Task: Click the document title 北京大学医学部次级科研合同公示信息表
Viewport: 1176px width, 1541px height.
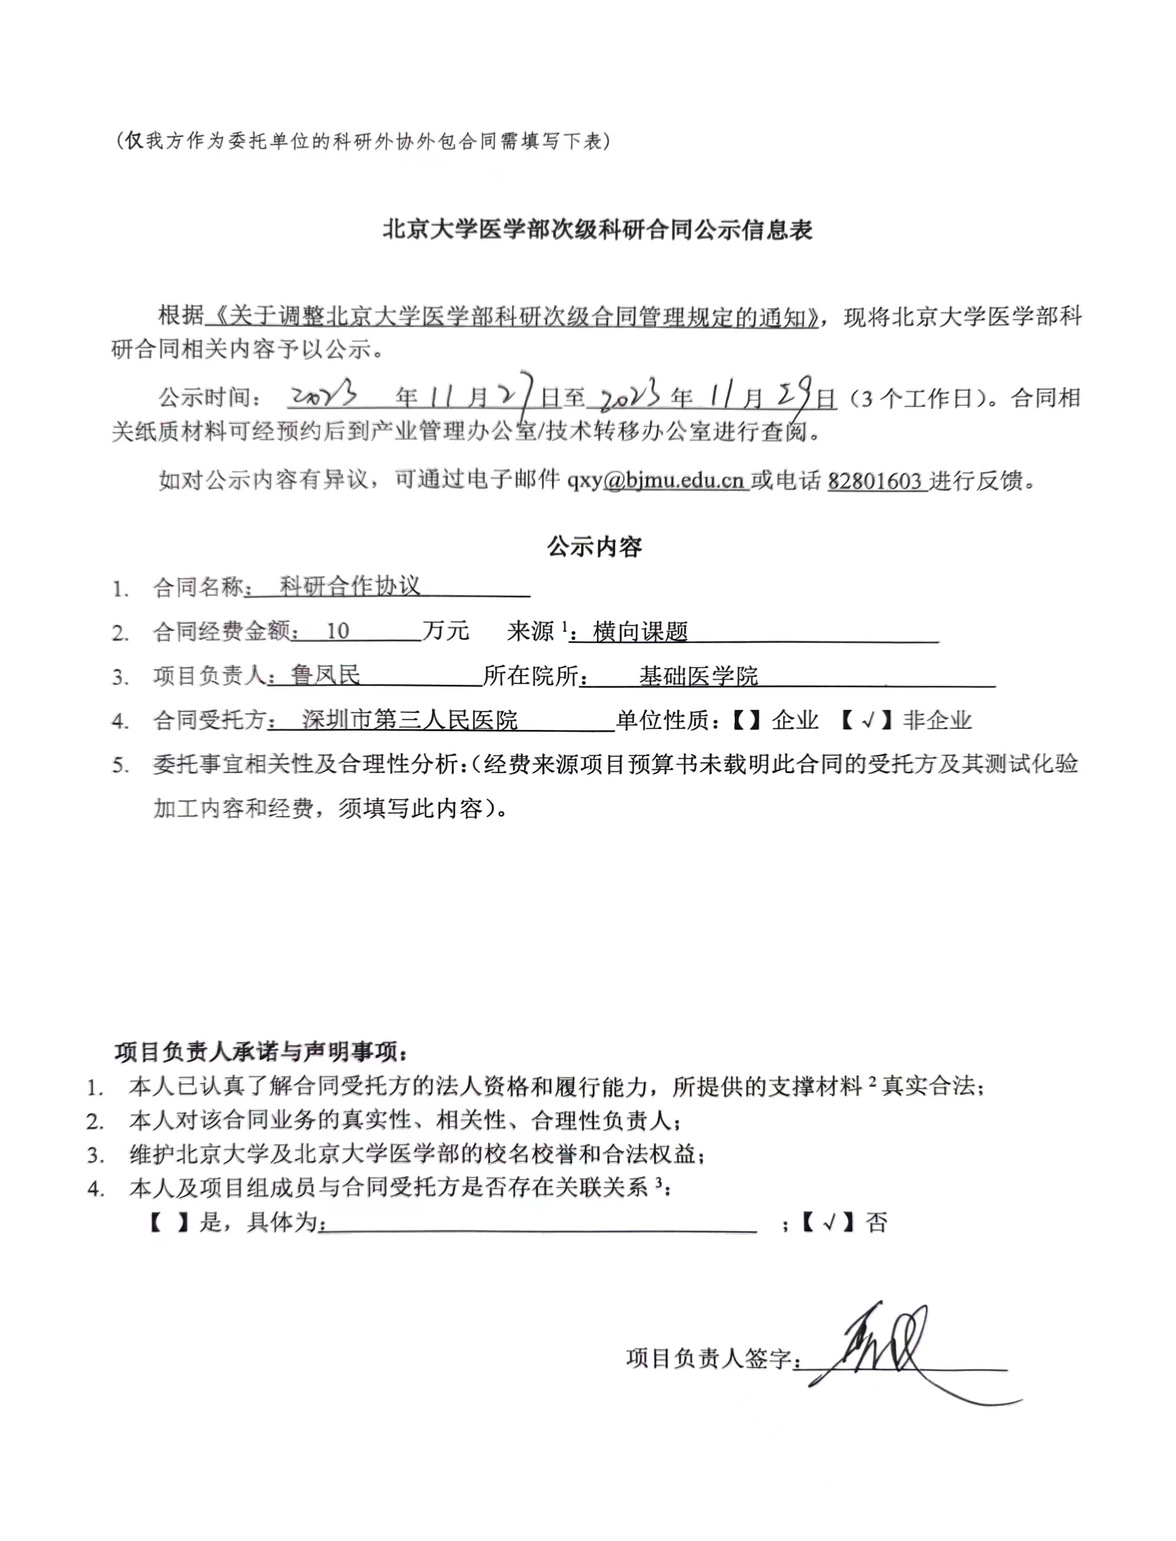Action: (596, 230)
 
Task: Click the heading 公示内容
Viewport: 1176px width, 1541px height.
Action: (594, 547)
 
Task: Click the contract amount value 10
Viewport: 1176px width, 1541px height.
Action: (337, 631)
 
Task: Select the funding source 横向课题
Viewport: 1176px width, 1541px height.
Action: (640, 631)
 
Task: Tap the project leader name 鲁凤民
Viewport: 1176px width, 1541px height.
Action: (325, 675)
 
